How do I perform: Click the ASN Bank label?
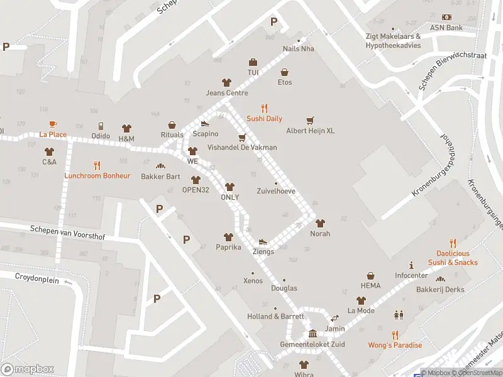(x=446, y=28)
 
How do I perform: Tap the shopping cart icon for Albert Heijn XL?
(x=309, y=120)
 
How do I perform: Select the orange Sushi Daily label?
(x=264, y=119)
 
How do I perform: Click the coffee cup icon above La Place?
(x=53, y=124)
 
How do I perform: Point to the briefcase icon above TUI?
(x=253, y=62)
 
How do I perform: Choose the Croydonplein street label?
(x=37, y=279)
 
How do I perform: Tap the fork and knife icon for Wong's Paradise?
(x=395, y=335)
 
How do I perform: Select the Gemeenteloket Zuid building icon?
(x=312, y=334)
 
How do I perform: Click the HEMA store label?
(x=371, y=286)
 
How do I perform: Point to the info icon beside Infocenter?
(x=411, y=265)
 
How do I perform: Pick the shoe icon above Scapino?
(x=205, y=124)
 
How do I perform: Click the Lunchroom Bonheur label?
(x=97, y=176)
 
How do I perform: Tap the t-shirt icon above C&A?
(x=50, y=151)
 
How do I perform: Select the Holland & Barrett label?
(x=275, y=317)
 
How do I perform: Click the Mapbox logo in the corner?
(x=28, y=369)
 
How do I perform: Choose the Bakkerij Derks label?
(x=440, y=290)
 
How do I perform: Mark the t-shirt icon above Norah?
(x=320, y=223)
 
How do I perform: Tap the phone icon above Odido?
(x=101, y=126)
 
